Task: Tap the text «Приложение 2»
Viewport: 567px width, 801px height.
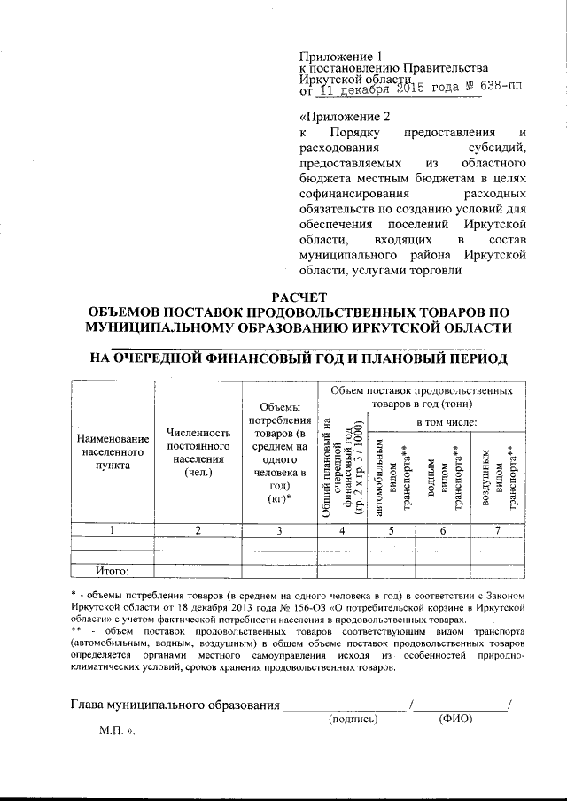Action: (345, 117)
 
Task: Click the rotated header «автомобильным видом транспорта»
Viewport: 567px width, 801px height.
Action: (392, 475)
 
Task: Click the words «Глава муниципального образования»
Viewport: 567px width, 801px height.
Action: (174, 705)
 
